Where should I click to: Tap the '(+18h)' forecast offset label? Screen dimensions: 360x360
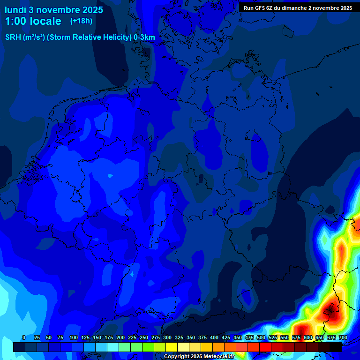click(81, 21)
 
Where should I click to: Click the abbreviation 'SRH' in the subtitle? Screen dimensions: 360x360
click(13, 37)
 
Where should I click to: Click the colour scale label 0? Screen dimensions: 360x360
click(24, 337)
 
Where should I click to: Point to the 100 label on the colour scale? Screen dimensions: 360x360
click(74, 337)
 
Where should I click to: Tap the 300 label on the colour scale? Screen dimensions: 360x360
click(167, 337)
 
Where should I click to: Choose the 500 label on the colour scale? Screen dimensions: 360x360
click(261, 337)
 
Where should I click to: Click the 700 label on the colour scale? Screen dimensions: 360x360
click(343, 337)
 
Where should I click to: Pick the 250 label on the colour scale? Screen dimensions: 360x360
click(144, 337)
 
